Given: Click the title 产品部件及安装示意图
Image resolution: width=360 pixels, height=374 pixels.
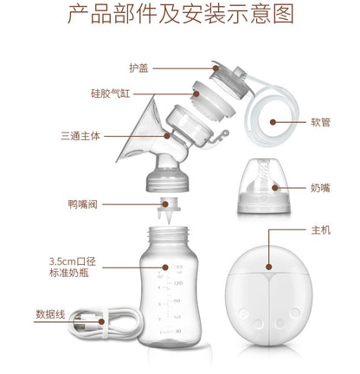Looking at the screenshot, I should pos(180,16).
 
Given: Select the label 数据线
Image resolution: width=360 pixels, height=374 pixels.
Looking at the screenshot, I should pos(50,314).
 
